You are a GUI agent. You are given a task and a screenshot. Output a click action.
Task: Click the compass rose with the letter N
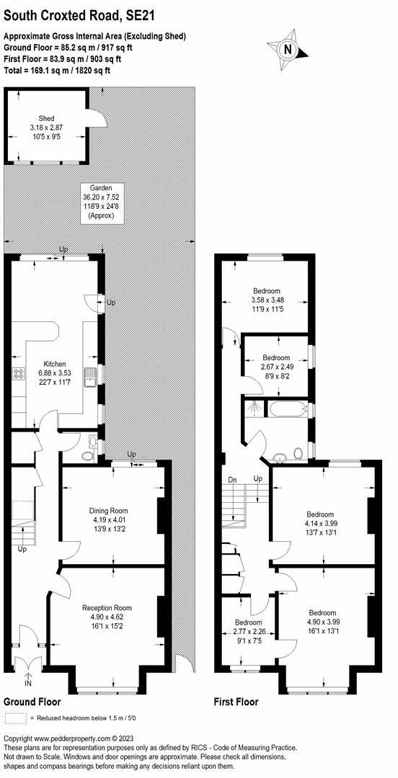289,48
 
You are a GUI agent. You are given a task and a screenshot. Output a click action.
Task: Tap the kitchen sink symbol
89,376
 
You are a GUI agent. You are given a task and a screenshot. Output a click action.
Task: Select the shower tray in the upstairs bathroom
254,408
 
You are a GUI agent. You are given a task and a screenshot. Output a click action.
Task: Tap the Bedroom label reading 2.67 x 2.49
275,367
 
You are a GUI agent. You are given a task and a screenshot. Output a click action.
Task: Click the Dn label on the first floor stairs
233,479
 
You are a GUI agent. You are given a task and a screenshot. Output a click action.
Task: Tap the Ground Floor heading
32,702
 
